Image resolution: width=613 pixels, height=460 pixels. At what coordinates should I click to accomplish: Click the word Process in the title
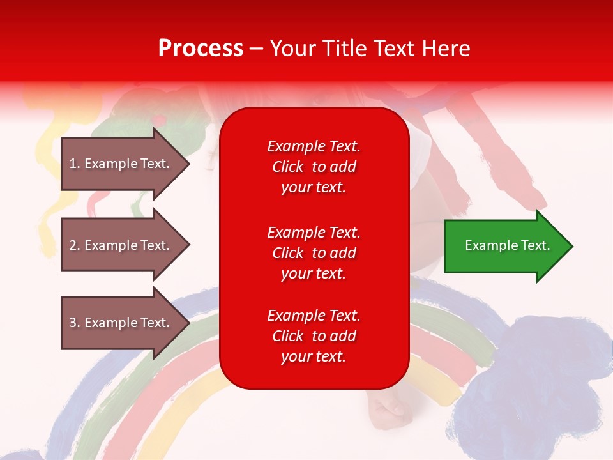[201, 49]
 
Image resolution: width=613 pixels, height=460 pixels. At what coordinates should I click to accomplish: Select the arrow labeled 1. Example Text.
[125, 164]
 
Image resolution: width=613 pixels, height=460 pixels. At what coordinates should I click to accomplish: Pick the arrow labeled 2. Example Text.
[125, 245]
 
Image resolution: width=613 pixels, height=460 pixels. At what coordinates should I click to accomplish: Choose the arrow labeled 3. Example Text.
[125, 323]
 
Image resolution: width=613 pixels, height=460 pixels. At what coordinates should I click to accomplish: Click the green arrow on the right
[508, 246]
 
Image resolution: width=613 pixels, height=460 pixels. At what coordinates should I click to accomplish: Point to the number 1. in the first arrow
[75, 164]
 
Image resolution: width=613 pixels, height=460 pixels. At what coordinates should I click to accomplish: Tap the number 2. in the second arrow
[75, 245]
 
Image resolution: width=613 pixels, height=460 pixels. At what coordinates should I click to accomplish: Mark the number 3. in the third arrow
[75, 323]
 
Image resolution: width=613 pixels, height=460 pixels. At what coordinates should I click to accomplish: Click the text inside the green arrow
[508, 245]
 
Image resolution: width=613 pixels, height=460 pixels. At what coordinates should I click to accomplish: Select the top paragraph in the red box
[314, 167]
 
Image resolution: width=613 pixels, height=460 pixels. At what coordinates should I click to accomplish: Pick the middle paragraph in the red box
[314, 253]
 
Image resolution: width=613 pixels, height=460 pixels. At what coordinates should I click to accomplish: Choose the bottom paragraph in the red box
[314, 336]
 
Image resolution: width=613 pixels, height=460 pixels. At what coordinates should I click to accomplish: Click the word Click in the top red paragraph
[288, 167]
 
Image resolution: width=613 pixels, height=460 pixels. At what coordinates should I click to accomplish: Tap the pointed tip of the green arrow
[573, 246]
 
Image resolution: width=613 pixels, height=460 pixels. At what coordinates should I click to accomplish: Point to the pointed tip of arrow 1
[190, 164]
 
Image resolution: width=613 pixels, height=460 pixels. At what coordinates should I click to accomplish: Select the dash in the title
[257, 49]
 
